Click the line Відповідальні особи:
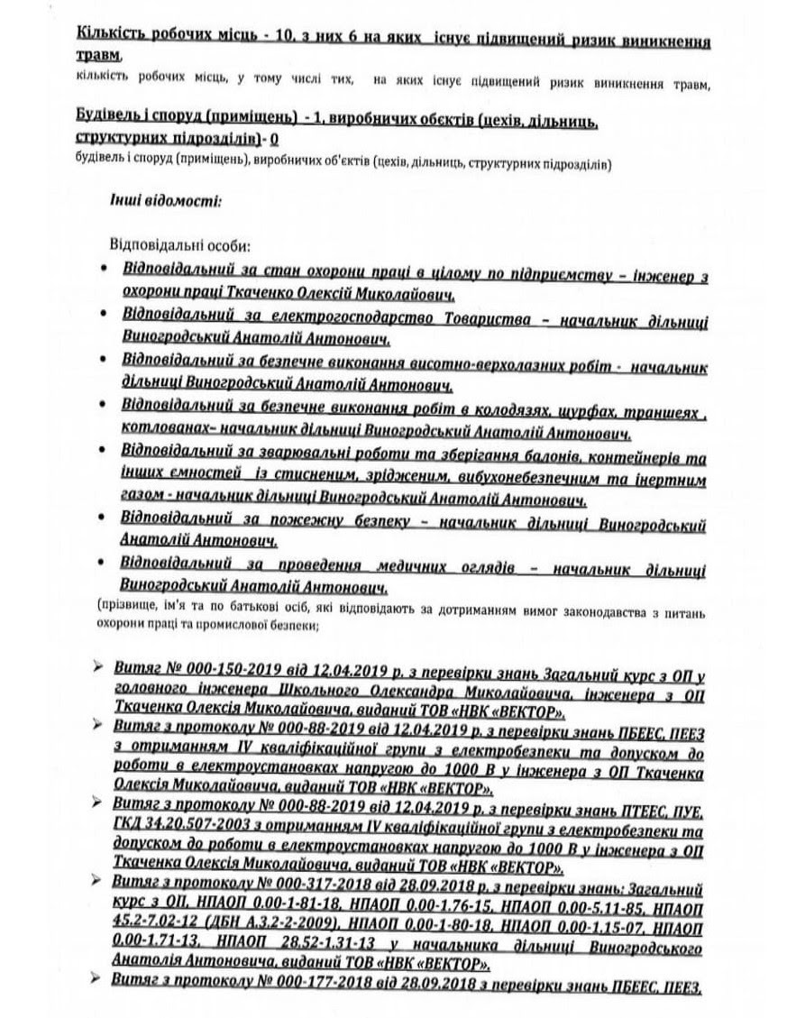pyautogui.click(x=179, y=246)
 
